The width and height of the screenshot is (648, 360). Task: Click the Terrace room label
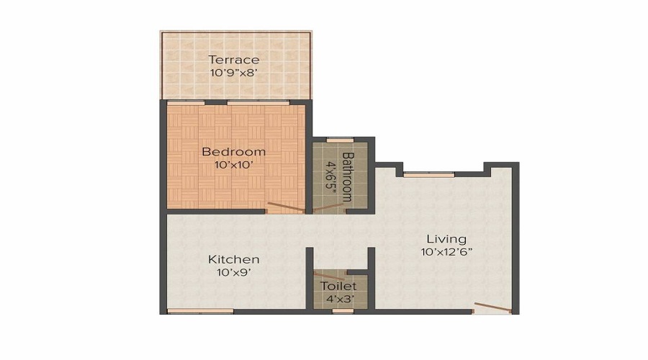click(234, 60)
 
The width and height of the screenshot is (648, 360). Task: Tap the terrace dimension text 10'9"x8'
click(234, 73)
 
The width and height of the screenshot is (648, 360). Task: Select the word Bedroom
click(233, 152)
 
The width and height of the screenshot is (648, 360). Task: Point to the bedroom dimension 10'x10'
click(233, 166)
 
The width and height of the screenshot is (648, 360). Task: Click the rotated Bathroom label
click(348, 176)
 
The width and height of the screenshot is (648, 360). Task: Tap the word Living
click(446, 239)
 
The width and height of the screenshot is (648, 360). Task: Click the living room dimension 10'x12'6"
click(446, 252)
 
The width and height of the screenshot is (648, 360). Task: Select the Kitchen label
click(234, 259)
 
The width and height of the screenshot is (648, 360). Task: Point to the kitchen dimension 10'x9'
click(234, 273)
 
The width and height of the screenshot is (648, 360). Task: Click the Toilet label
click(338, 287)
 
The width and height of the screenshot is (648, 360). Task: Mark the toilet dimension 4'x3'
click(338, 300)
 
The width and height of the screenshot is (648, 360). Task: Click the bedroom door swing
click(286, 210)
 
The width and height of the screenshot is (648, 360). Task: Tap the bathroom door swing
click(328, 209)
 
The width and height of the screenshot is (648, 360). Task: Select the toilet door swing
click(330, 276)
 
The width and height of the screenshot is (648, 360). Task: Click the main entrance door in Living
click(492, 308)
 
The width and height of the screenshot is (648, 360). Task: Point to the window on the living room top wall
click(428, 174)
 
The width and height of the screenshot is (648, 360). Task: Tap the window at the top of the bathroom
click(340, 140)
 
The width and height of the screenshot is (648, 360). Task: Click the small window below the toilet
click(343, 312)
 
